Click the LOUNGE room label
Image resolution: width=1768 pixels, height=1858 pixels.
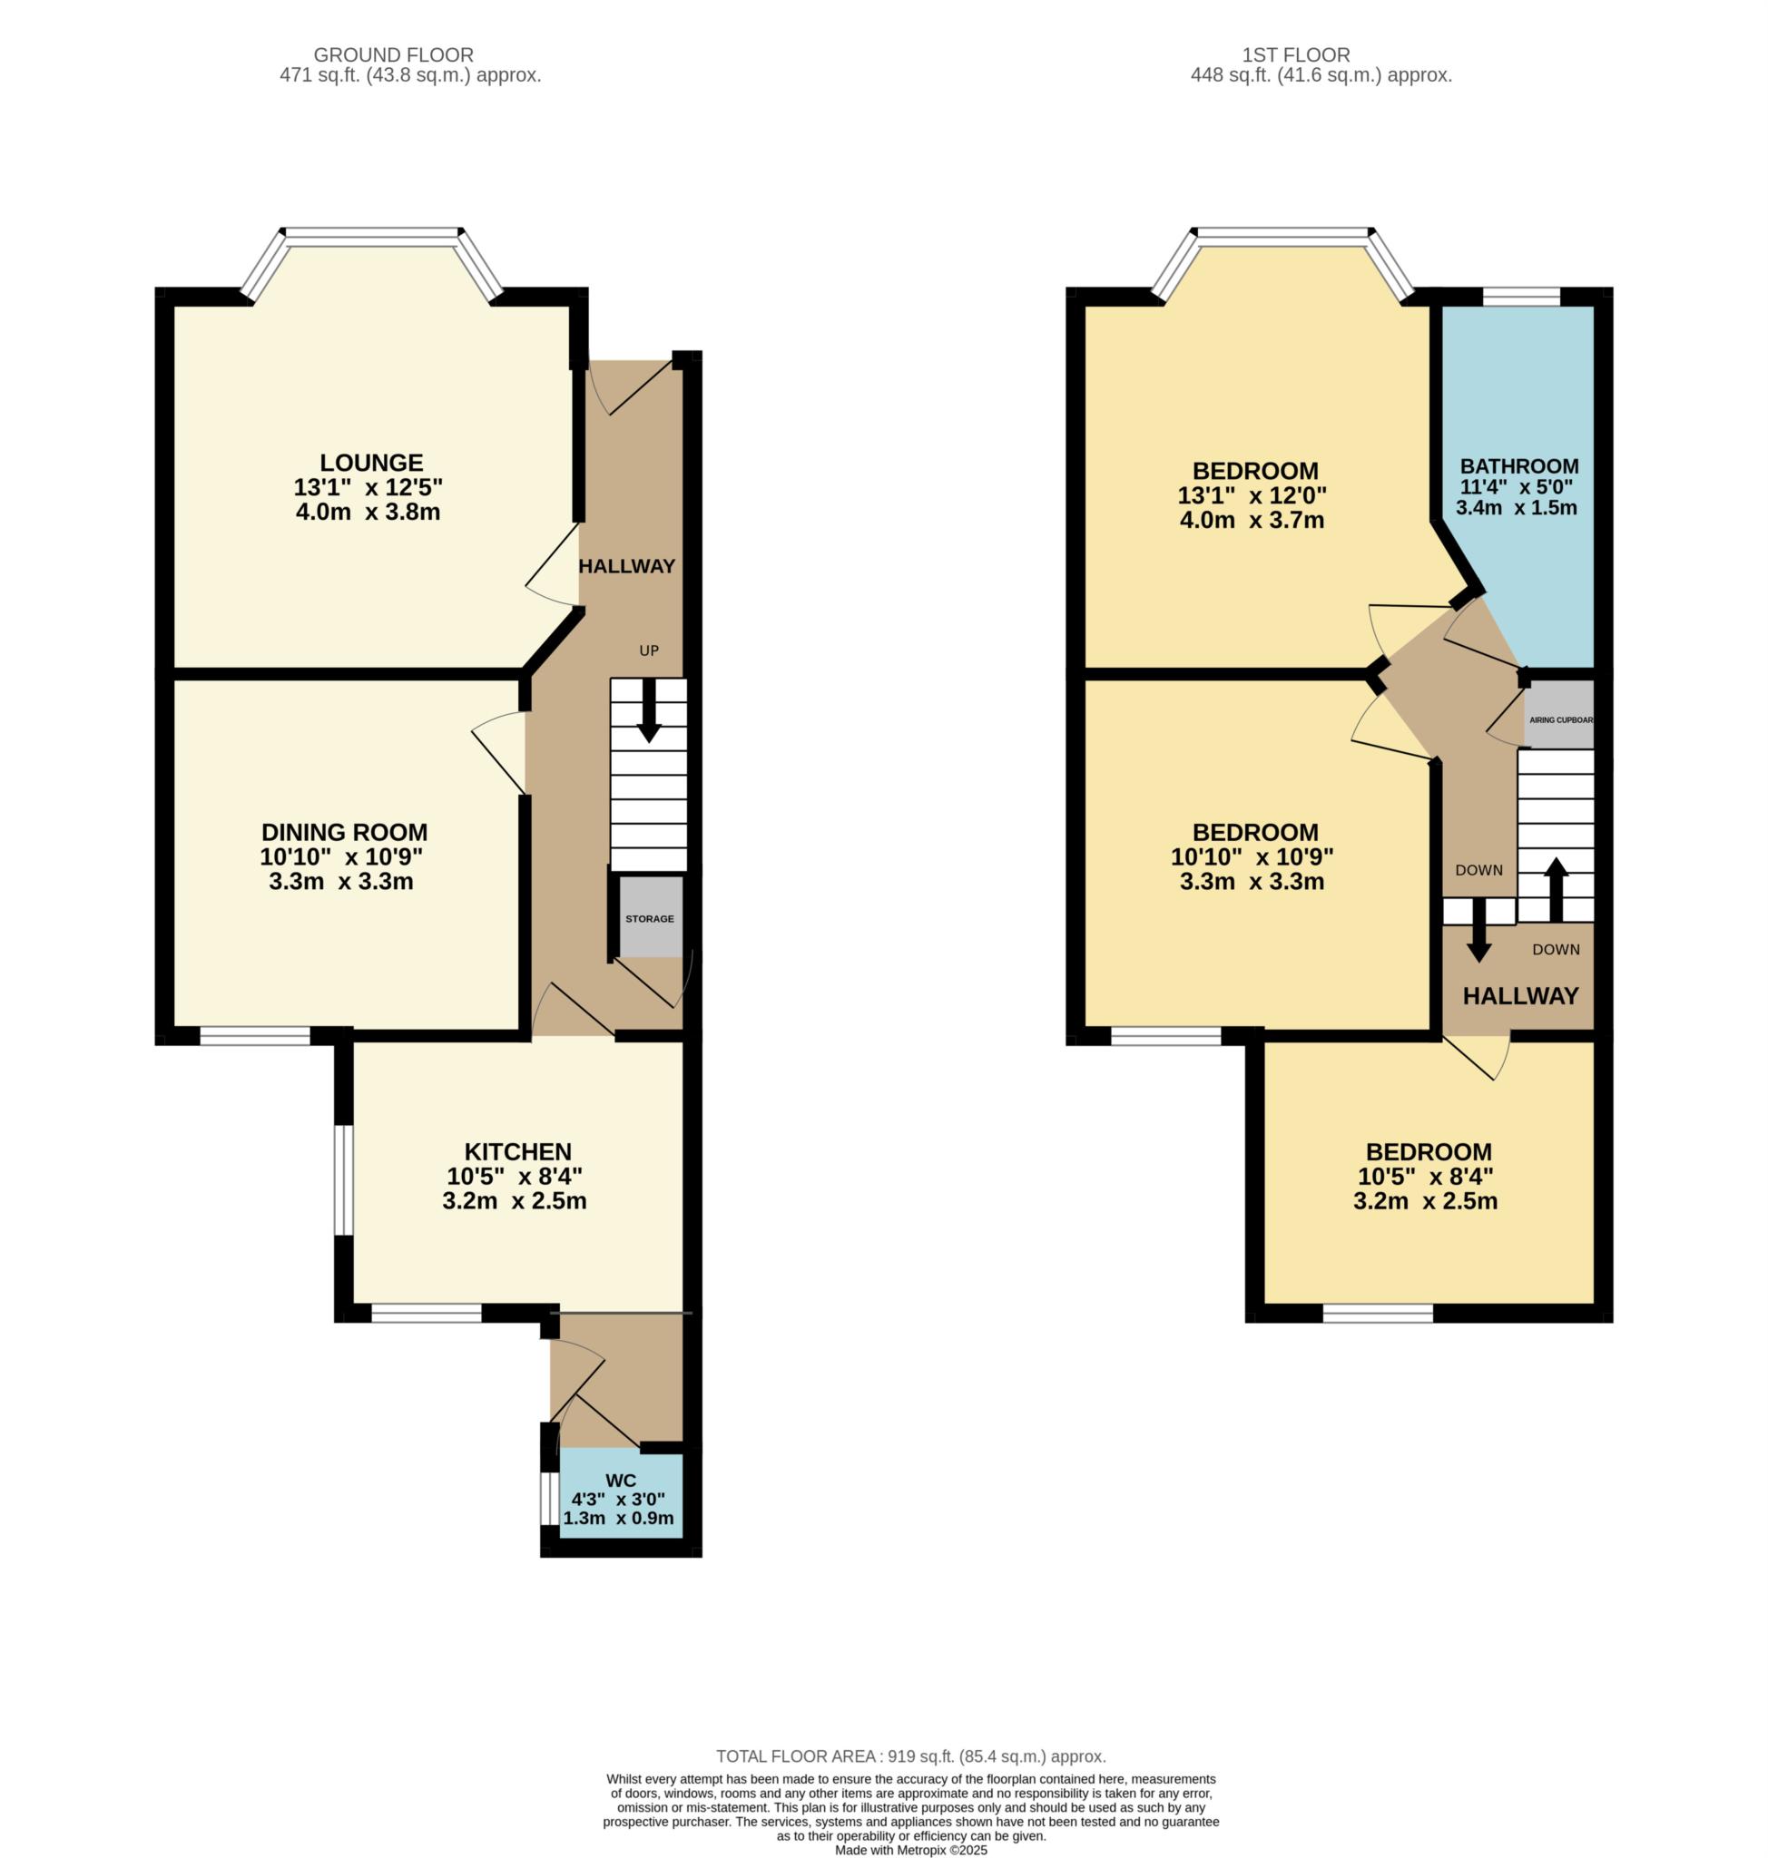tap(371, 463)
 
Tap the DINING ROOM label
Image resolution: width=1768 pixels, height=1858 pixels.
tap(344, 832)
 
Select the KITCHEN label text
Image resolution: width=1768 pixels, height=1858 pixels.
tap(517, 1151)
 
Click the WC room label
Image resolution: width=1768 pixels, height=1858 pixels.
tap(621, 1481)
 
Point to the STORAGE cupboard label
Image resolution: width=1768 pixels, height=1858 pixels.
tap(650, 919)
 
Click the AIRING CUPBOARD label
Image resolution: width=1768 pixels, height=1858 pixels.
tap(1561, 719)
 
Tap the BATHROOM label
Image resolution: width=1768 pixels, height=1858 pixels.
tap(1519, 466)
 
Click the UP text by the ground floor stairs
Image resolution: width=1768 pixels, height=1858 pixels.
tap(649, 650)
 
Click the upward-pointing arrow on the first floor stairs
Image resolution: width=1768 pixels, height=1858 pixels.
tap(1556, 888)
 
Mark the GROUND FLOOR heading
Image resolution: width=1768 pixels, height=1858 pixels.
tap(393, 55)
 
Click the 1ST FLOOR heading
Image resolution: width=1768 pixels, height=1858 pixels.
tap(1296, 55)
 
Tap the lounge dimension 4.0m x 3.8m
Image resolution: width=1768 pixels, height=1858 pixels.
tap(368, 513)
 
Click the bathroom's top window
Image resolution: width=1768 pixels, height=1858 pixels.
tap(1521, 297)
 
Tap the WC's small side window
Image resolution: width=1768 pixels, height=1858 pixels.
tap(545, 1498)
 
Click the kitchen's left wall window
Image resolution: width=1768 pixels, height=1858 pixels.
tap(344, 1178)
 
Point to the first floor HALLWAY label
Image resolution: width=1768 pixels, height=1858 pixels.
tap(1520, 996)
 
